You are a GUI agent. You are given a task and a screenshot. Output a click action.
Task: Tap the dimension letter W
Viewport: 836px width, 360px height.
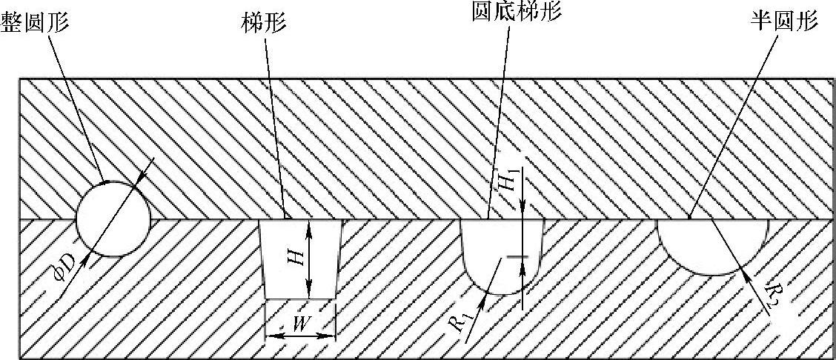[301, 323]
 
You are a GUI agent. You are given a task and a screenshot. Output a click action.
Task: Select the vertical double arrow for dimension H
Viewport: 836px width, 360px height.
[310, 259]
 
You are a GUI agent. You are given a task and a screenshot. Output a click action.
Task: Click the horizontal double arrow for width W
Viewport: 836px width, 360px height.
[300, 335]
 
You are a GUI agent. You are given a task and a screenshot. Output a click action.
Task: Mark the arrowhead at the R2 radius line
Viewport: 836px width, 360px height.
[744, 272]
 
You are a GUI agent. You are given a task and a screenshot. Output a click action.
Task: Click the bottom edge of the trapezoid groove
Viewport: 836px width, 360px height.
[300, 299]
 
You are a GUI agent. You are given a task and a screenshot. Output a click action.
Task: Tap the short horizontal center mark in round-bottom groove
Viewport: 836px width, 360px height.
[517, 257]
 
